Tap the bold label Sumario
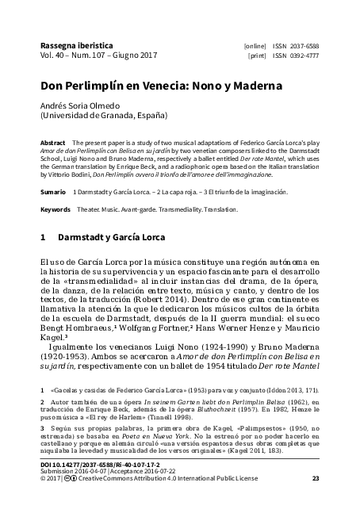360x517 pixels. tap(53, 193)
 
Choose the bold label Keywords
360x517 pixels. tap(56, 209)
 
